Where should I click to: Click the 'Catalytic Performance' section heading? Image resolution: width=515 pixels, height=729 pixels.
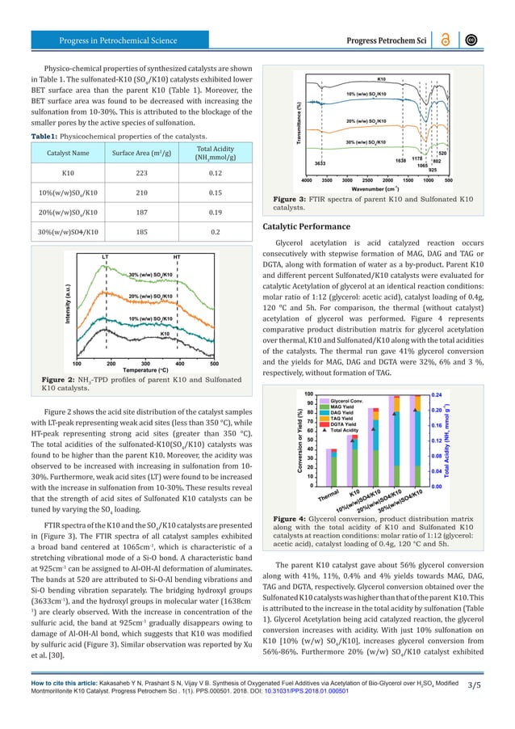pos(314,226)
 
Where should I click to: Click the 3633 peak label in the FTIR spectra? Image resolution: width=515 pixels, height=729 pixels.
pos(320,163)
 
